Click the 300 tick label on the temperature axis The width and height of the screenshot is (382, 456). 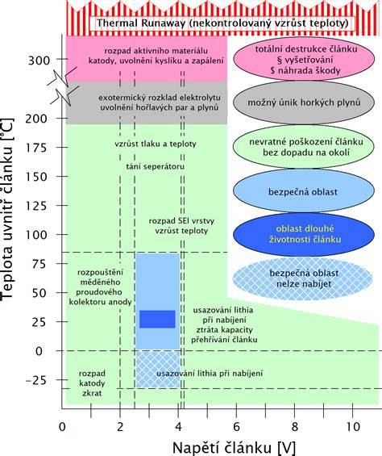pyautogui.click(x=39, y=61)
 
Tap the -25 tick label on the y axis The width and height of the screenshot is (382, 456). pyautogui.click(x=36, y=380)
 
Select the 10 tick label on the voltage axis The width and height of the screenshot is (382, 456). pyautogui.click(x=352, y=427)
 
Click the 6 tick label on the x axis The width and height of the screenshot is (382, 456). pyautogui.click(x=236, y=427)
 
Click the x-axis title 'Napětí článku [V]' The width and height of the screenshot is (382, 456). pyautogui.click(x=235, y=447)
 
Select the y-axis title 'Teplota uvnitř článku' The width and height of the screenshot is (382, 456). pyautogui.click(x=7, y=208)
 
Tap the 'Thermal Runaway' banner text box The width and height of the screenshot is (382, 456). pyautogui.click(x=222, y=23)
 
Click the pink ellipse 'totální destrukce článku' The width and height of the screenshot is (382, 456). pyautogui.click(x=305, y=60)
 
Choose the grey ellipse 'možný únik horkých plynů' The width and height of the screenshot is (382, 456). pyautogui.click(x=304, y=102)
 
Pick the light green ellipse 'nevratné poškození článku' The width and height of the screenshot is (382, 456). pyautogui.click(x=304, y=147)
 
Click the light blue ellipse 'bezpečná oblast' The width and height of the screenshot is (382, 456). pyautogui.click(x=303, y=191)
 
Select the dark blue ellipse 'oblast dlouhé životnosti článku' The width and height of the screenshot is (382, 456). pyautogui.click(x=303, y=234)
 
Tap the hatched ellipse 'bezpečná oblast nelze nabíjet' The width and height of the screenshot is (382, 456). pyautogui.click(x=303, y=278)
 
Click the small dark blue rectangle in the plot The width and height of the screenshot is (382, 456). pyautogui.click(x=157, y=319)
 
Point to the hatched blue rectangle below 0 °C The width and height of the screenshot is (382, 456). pyautogui.click(x=158, y=370)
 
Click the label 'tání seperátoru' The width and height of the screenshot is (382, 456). pyautogui.click(x=156, y=166)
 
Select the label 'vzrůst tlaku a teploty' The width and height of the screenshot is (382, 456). pyautogui.click(x=156, y=144)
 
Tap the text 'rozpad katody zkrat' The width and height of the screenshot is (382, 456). pyautogui.click(x=92, y=383)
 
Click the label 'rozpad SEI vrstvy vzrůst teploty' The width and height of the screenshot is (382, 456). pyautogui.click(x=181, y=226)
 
